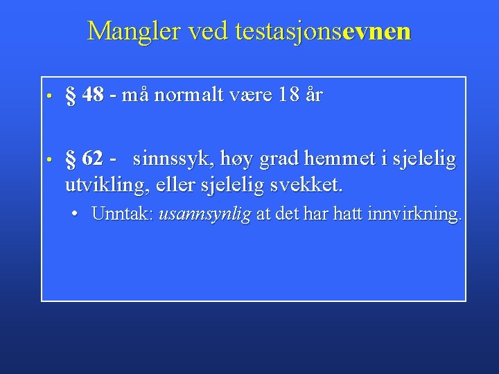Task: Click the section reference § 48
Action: click(84, 95)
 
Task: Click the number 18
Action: click(288, 95)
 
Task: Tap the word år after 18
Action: click(313, 95)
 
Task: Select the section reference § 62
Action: click(84, 159)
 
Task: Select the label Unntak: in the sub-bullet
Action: click(122, 214)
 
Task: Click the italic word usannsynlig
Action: click(204, 215)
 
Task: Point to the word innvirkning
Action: click(416, 214)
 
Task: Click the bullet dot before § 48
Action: click(51, 96)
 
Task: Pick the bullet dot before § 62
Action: click(51, 160)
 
